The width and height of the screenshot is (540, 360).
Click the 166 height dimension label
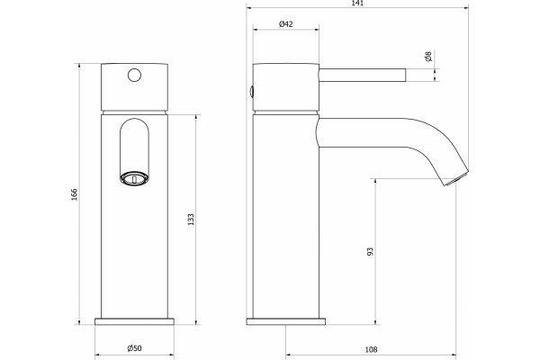click(75, 194)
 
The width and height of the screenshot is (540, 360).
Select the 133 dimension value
click(191, 220)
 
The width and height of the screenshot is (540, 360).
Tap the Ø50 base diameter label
click(134, 348)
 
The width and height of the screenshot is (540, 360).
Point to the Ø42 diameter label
click(286, 23)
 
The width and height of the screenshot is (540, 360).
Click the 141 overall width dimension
click(358, 3)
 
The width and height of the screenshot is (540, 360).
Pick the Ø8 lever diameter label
click(428, 56)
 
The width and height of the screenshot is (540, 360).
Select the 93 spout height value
click(370, 251)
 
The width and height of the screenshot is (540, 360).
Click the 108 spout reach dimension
click(371, 350)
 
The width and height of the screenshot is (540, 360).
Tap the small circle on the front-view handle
click(134, 75)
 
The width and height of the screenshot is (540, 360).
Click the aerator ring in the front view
click(134, 178)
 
